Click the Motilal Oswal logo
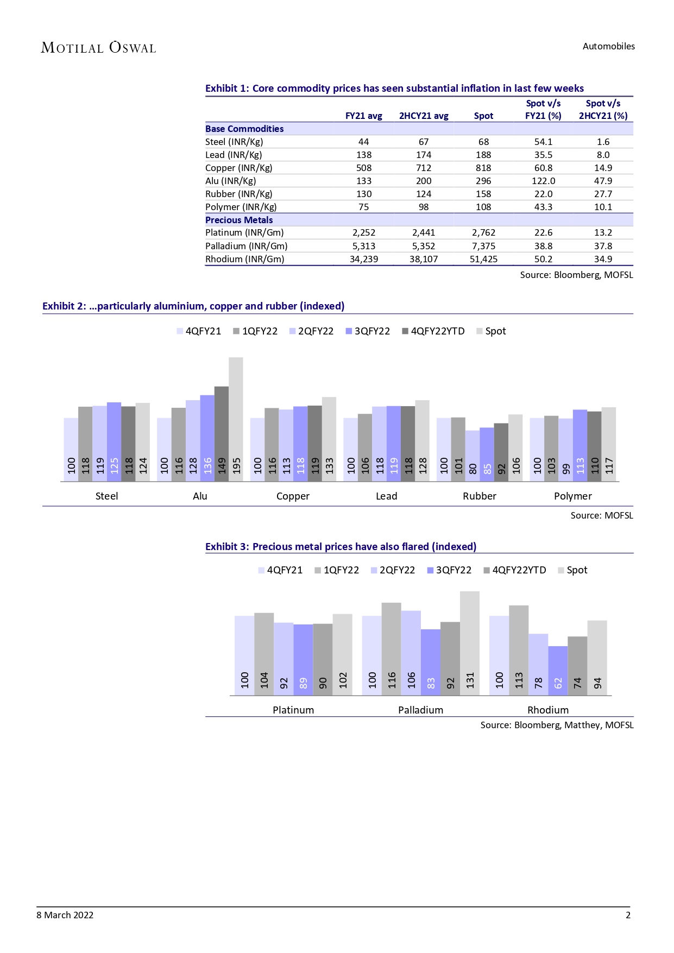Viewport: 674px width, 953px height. click(98, 48)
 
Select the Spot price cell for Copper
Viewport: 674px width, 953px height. click(483, 168)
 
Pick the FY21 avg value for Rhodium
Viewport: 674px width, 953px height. click(363, 259)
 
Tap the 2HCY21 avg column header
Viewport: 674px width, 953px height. click(424, 116)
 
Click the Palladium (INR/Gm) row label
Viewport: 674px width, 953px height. click(246, 246)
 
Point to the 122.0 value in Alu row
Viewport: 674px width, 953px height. click(543, 181)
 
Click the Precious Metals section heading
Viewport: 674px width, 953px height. click(239, 220)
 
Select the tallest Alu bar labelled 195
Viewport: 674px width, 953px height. click(236, 418)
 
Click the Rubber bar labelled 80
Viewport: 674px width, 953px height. click(473, 455)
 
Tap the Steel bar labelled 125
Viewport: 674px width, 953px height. click(114, 441)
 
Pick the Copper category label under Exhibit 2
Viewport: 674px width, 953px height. click(293, 496)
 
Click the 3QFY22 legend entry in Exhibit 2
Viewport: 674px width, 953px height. click(368, 331)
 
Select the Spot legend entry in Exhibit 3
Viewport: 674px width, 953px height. click(573, 570)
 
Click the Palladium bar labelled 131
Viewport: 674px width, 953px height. click(470, 643)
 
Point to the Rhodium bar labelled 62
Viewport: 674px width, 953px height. click(558, 670)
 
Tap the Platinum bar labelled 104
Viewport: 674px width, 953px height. click(264, 654)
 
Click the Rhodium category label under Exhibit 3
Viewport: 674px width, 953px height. click(548, 710)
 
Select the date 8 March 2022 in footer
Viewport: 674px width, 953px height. click(65, 915)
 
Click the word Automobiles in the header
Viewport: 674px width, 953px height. click(608, 47)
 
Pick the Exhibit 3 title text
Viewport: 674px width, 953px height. click(341, 547)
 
